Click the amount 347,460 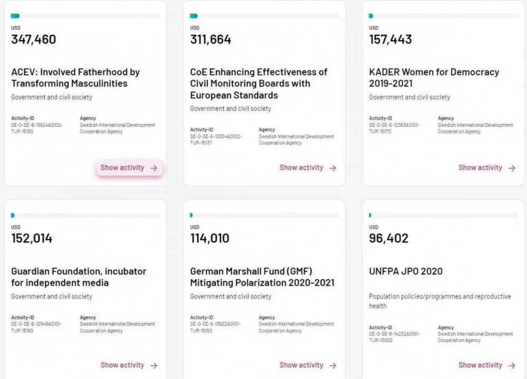[33, 40]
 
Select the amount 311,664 [210, 40]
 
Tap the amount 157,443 [390, 40]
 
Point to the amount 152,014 [32, 239]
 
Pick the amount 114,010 [210, 239]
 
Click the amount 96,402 [388, 239]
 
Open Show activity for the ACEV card [129, 168]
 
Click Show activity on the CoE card [308, 168]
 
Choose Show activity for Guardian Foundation [129, 365]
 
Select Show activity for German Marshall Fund [308, 365]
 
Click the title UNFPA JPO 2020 [405, 271]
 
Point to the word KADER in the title [384, 72]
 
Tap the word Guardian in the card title [32, 271]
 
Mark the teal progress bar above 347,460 [15, 16]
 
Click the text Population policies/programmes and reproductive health [440, 301]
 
